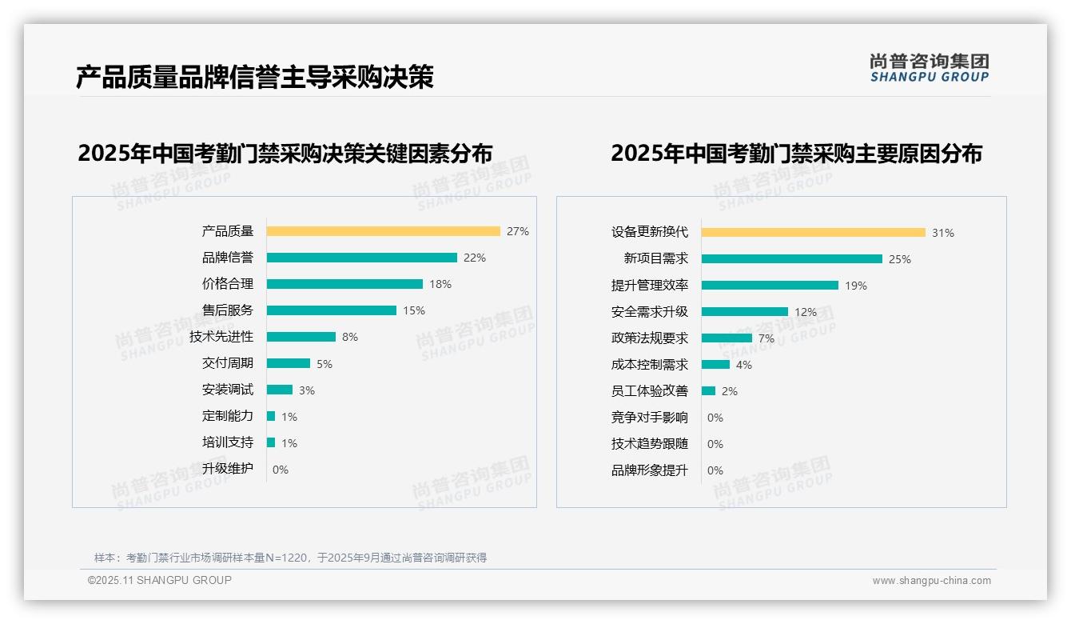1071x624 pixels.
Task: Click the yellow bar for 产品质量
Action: tap(383, 231)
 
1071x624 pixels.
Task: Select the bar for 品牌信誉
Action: tap(361, 258)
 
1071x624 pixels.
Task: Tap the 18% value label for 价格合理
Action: tap(440, 284)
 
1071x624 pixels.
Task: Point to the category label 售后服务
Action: tap(228, 310)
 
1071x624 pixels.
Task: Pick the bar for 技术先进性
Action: tap(301, 337)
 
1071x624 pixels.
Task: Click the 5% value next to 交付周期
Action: tap(324, 364)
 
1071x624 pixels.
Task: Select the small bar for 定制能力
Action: tap(271, 416)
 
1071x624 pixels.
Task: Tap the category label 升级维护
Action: tap(228, 469)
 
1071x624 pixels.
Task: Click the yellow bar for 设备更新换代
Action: tap(813, 233)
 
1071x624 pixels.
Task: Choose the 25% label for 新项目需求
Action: tap(900, 259)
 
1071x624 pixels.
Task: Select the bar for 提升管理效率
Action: tap(770, 285)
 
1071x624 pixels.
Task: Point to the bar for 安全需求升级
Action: tap(744, 311)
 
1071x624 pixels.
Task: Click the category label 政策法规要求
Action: tap(650, 338)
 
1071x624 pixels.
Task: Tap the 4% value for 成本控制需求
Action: tap(744, 365)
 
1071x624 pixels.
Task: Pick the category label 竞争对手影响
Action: tap(650, 418)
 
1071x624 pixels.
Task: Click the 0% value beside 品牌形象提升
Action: tap(715, 470)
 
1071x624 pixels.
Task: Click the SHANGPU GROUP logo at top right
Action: tap(930, 68)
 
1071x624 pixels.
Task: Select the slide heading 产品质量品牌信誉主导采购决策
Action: tap(255, 78)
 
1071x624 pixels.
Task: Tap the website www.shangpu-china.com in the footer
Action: tap(931, 581)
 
